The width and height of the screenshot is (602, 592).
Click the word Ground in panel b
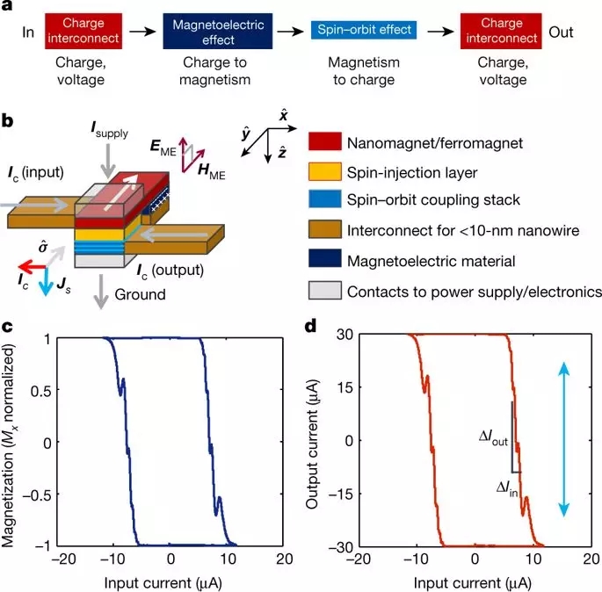(x=139, y=295)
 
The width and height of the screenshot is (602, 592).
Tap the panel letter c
(x=9, y=328)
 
